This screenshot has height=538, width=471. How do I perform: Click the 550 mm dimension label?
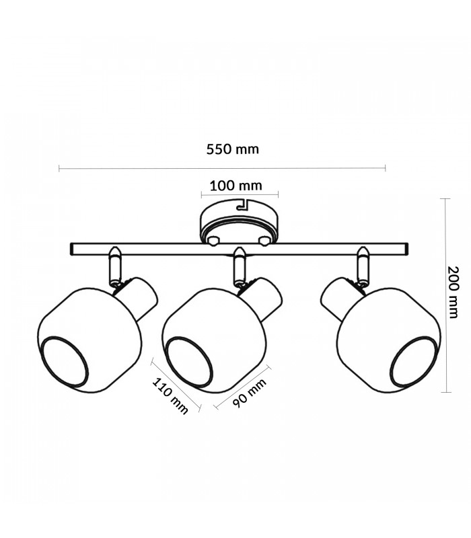click(x=232, y=149)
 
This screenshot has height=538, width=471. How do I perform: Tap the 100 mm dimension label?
click(x=236, y=186)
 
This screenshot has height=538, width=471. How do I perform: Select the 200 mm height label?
click(x=453, y=292)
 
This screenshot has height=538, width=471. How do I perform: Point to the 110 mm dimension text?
click(x=170, y=396)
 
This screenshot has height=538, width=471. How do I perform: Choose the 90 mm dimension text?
click(x=250, y=393)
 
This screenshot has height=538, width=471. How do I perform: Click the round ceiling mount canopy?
click(x=239, y=221)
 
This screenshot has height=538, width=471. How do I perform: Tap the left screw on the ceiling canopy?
click(x=213, y=241)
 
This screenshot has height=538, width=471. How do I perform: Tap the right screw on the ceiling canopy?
click(x=264, y=241)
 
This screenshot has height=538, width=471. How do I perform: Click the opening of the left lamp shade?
click(x=64, y=362)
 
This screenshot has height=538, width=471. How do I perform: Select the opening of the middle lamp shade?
click(x=189, y=362)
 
